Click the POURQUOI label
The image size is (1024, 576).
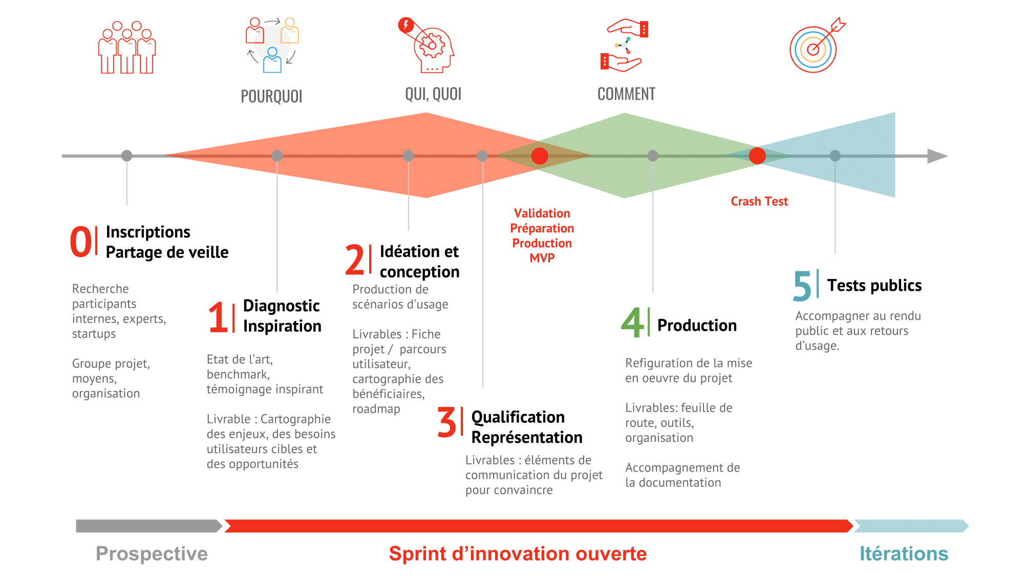271,96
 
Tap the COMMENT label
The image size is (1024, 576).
626,94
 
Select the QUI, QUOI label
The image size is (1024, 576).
433,94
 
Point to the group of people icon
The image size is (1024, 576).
127,48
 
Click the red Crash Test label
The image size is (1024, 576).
759,201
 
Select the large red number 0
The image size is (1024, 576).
81,242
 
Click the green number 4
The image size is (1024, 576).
632,323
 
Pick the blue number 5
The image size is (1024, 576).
802,286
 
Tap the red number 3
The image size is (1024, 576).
446,422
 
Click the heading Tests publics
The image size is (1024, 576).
874,285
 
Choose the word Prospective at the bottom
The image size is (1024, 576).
152,554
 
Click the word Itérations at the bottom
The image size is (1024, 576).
904,554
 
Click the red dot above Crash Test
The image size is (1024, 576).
757,156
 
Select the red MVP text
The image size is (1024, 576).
542,258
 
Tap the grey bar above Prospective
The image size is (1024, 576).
149,526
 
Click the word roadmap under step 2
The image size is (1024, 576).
376,409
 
